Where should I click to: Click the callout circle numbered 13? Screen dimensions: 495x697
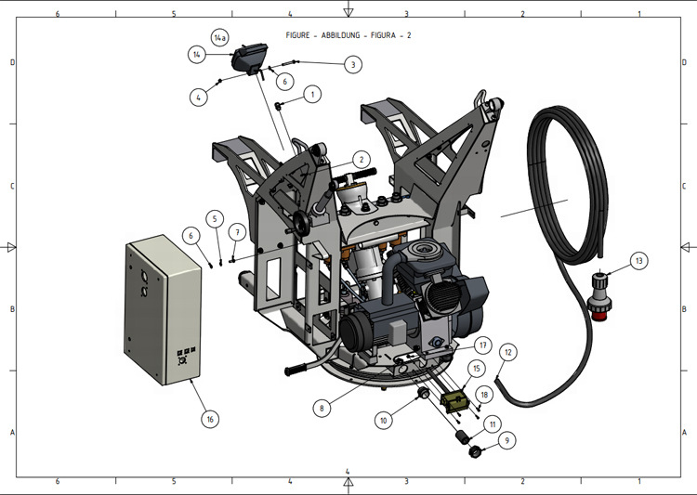[638, 261]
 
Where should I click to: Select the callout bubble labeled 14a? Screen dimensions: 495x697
[220, 38]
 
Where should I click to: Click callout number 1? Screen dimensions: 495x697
[313, 94]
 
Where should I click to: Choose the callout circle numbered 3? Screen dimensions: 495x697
[353, 64]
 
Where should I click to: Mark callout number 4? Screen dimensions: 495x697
[200, 96]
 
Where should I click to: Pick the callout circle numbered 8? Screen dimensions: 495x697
[322, 407]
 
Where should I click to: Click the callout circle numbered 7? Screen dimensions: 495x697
[238, 230]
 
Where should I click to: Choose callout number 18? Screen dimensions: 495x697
[484, 394]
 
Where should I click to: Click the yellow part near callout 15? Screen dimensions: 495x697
[454, 403]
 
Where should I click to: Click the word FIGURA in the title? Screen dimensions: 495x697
[391, 34]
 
